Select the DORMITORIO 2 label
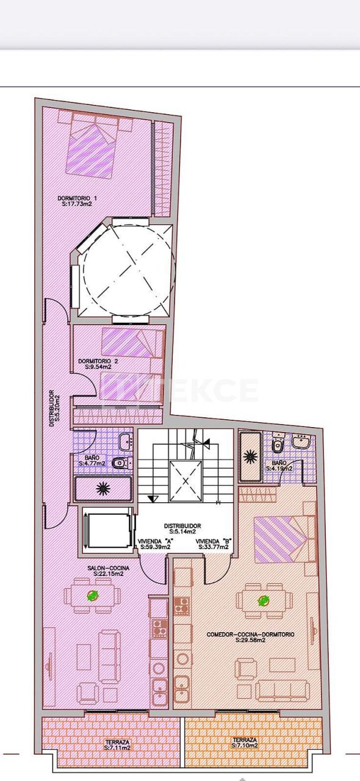tap(98, 361)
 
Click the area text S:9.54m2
tap(98, 367)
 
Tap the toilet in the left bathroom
tap(120, 463)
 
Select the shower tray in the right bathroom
tap(250, 457)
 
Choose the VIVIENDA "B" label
tap(212, 541)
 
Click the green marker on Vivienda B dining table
tap(264, 601)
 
